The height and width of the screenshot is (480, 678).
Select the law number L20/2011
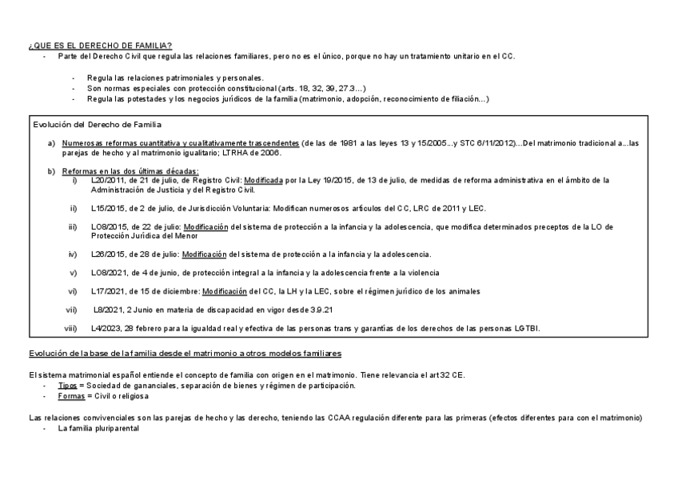[106, 180]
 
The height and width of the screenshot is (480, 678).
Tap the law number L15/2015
[106, 208]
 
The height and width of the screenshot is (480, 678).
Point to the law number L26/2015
[106, 254]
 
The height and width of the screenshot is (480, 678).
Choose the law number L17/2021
[106, 290]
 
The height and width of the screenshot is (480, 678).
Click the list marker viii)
[71, 328]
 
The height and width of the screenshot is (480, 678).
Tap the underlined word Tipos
[67, 386]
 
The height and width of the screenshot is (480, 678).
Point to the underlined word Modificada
[263, 180]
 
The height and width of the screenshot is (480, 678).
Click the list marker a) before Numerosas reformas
[52, 142]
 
